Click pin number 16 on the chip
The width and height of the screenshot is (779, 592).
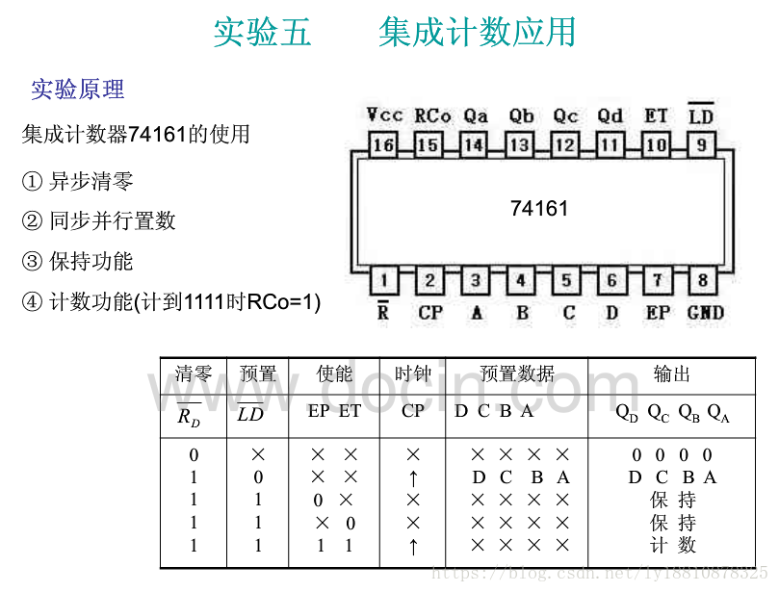[382, 145]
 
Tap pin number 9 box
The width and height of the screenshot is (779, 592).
[702, 145]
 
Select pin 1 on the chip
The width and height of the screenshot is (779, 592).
[382, 281]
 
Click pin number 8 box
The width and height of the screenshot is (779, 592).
[702, 281]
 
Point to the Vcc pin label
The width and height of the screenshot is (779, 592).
[384, 116]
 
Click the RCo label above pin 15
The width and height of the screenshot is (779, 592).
[432, 116]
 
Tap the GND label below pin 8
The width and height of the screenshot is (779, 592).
[705, 313]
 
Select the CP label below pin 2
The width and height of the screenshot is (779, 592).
[430, 313]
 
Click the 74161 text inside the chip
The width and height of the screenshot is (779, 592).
[539, 208]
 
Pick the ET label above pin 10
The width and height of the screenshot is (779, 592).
[656, 116]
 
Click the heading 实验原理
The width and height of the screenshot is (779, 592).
[77, 90]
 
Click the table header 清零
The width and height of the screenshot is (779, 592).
[194, 374]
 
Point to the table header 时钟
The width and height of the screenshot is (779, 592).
[413, 374]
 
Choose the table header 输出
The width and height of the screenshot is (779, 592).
[672, 374]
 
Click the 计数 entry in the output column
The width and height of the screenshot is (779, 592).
[672, 546]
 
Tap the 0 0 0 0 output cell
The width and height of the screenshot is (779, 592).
[672, 455]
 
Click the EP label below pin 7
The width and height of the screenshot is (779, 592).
[658, 313]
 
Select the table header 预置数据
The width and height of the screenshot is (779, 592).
[517, 374]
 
